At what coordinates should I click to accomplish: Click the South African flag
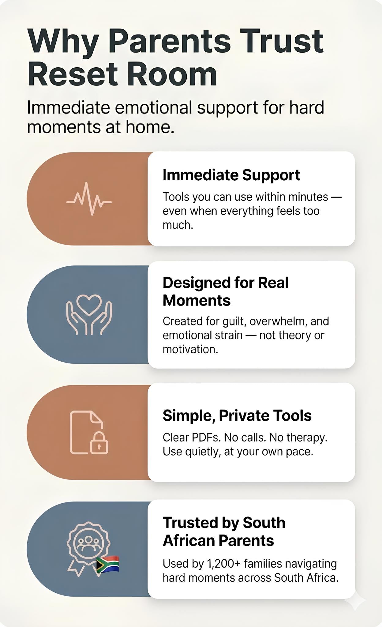(107, 564)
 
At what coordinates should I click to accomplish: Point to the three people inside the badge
(88, 542)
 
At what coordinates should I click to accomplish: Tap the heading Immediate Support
(231, 175)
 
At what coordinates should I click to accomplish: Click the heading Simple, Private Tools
(237, 415)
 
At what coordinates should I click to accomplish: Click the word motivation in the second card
(190, 349)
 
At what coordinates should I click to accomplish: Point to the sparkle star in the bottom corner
(355, 601)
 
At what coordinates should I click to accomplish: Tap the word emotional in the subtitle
(153, 107)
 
